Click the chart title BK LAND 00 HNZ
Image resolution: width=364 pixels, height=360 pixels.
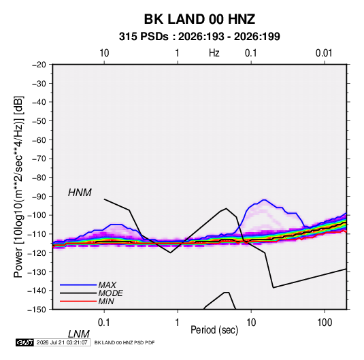199,19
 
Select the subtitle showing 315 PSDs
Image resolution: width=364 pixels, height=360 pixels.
199,37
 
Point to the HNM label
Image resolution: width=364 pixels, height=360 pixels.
80,193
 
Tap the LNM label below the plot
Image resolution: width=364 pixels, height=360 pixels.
78,334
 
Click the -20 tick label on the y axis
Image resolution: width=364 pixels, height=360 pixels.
39,65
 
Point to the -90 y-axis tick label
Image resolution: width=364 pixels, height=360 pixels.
39,197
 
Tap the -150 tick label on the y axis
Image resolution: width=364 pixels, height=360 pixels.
37,310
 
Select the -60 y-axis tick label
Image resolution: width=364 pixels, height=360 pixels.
39,140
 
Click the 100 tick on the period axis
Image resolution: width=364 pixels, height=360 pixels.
325,323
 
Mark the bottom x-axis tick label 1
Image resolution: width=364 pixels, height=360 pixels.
178,323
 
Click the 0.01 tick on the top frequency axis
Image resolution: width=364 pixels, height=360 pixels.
324,53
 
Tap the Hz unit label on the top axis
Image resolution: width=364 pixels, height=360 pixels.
214,53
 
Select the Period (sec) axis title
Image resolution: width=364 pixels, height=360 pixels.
214,330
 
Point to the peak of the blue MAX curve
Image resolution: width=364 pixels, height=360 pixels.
264,200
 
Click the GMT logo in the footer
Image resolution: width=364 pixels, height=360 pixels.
24,342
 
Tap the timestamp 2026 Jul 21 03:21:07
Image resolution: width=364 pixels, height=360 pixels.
62,342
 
